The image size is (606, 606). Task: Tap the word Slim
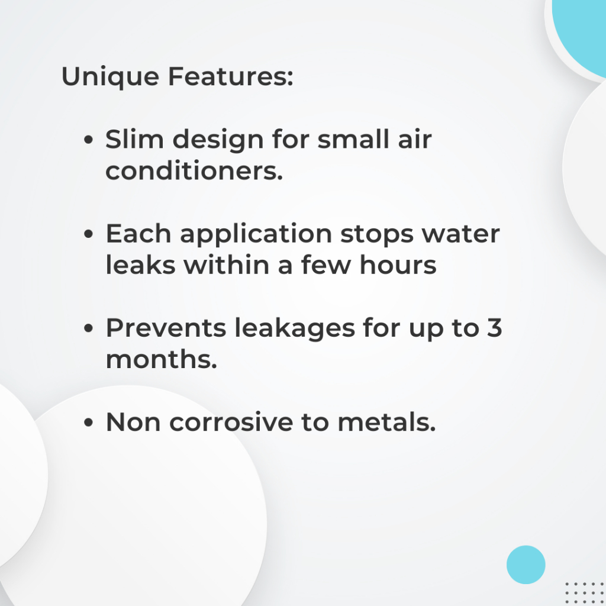click(x=134, y=139)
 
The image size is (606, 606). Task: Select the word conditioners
click(x=194, y=170)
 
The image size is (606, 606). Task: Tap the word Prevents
click(x=166, y=328)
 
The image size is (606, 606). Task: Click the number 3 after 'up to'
click(x=494, y=328)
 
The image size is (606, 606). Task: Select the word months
click(x=161, y=359)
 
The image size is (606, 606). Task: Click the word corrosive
click(x=231, y=422)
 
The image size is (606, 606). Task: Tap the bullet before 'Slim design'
click(x=89, y=140)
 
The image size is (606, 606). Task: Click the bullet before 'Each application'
click(x=89, y=234)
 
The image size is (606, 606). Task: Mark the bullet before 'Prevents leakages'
click(x=89, y=328)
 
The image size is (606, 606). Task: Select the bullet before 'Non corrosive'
click(x=89, y=423)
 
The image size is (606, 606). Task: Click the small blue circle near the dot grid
click(x=526, y=565)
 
